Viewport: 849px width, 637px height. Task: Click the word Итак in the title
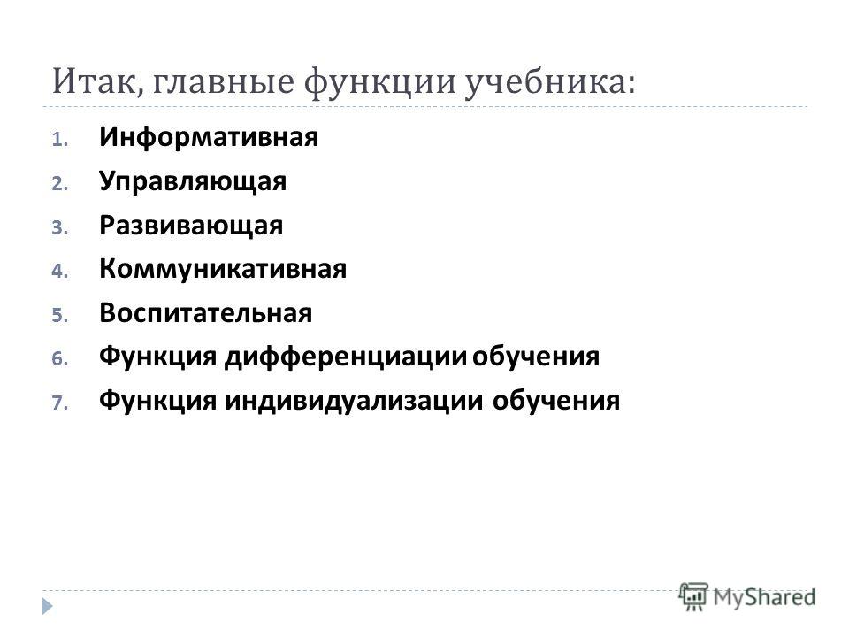click(97, 82)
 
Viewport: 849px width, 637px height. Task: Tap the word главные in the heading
click(223, 82)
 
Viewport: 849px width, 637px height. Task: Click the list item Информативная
click(209, 137)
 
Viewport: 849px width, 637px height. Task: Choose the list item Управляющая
click(193, 181)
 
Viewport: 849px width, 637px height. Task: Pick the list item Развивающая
click(191, 226)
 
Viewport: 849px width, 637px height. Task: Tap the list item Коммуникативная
click(223, 269)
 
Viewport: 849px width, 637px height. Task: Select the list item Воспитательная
click(206, 313)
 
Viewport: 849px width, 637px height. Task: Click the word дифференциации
click(346, 357)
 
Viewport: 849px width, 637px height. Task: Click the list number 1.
click(59, 140)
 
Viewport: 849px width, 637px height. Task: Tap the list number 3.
click(59, 227)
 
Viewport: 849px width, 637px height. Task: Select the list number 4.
click(59, 272)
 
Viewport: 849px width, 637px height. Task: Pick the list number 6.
click(59, 359)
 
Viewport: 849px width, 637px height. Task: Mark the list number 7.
click(59, 403)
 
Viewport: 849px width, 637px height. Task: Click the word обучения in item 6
click(536, 357)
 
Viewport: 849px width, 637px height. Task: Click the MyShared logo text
click(764, 598)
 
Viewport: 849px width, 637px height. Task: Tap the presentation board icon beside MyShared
click(693, 597)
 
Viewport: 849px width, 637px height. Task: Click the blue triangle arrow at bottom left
click(48, 605)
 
